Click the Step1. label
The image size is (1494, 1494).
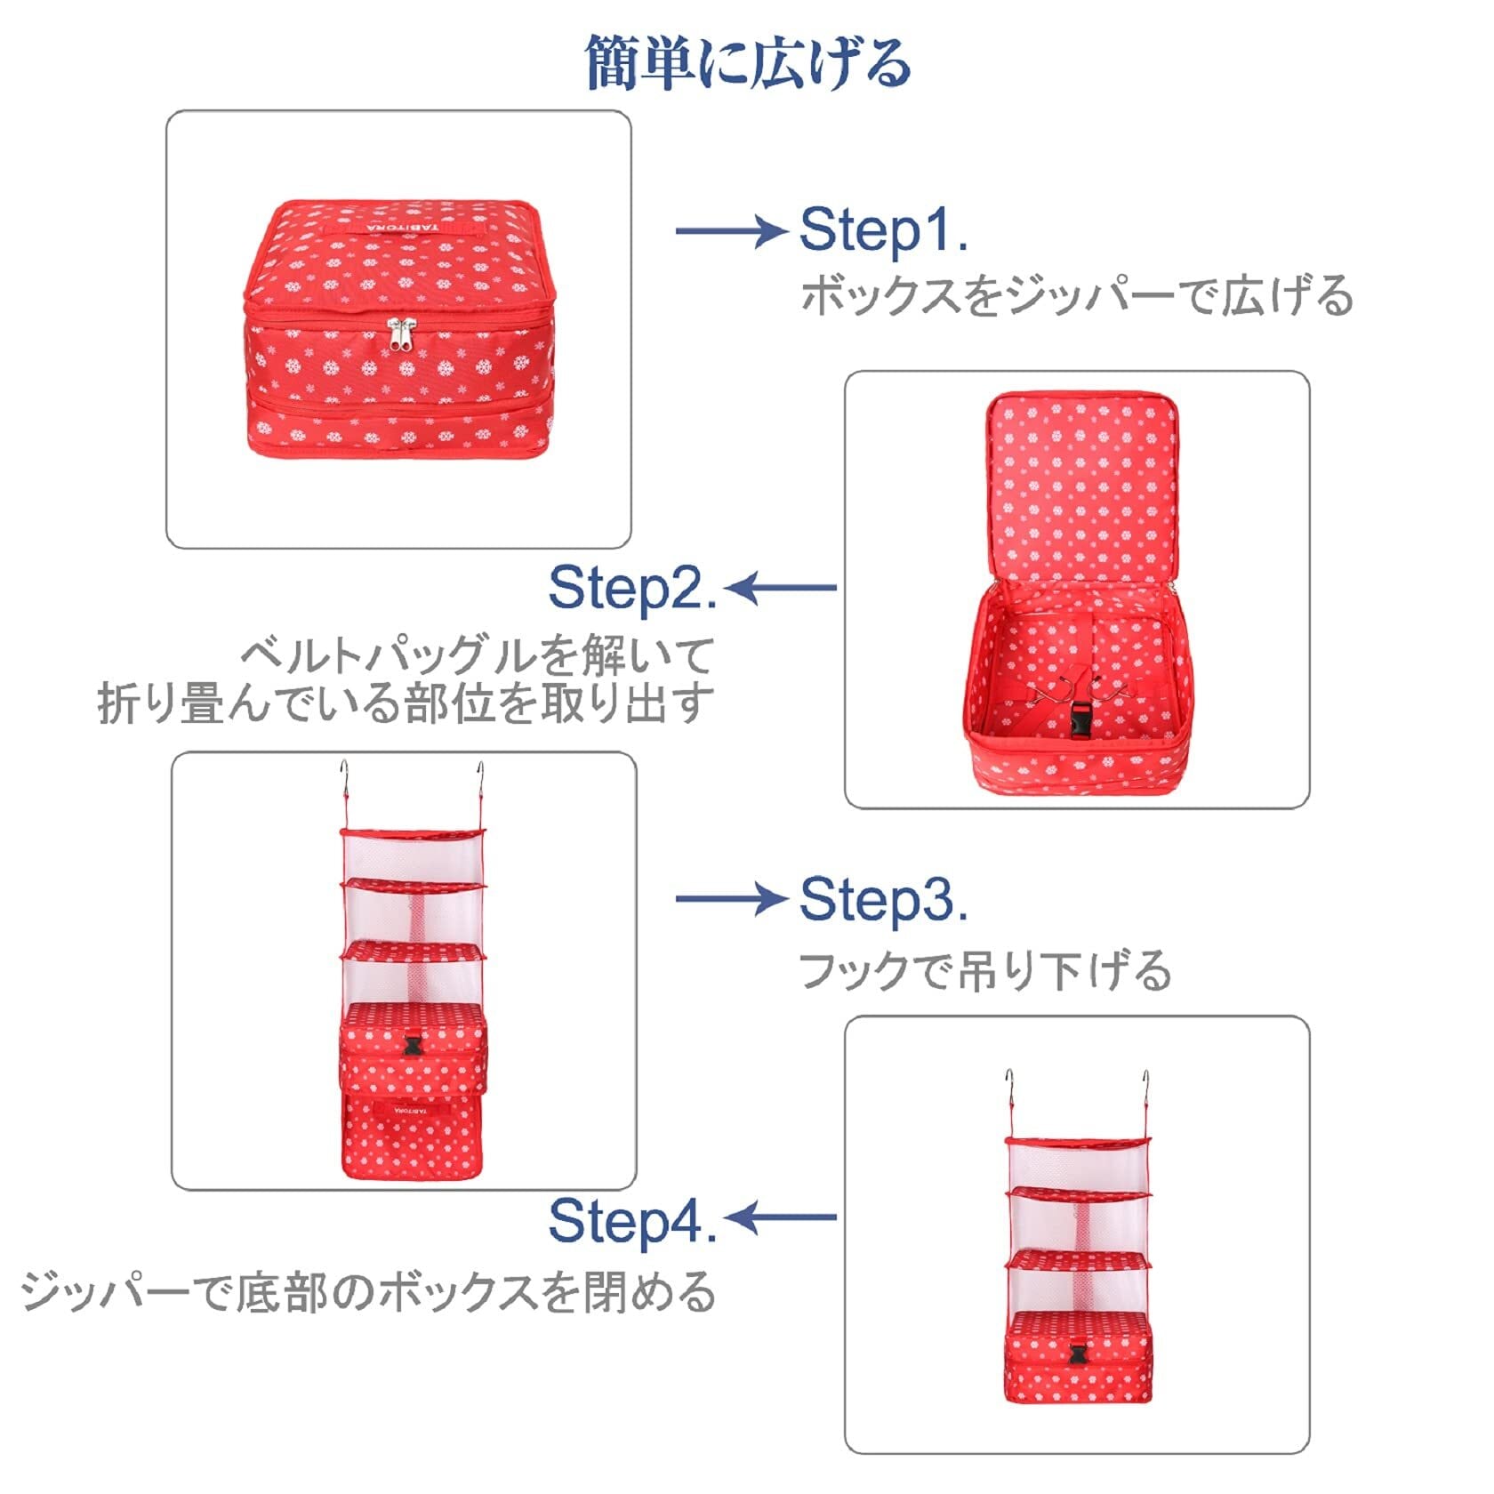point(883,230)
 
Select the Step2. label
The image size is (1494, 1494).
point(632,588)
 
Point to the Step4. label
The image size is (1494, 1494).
point(632,1219)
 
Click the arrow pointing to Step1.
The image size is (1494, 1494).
point(731,231)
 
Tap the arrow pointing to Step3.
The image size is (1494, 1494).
point(731,898)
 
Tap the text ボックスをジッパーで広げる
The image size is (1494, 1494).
point(1077,296)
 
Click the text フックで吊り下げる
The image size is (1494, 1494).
point(985,970)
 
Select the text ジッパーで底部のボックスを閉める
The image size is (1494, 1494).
point(368,1292)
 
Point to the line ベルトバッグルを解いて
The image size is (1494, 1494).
point(478,656)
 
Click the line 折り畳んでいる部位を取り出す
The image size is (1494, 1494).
point(406,703)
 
